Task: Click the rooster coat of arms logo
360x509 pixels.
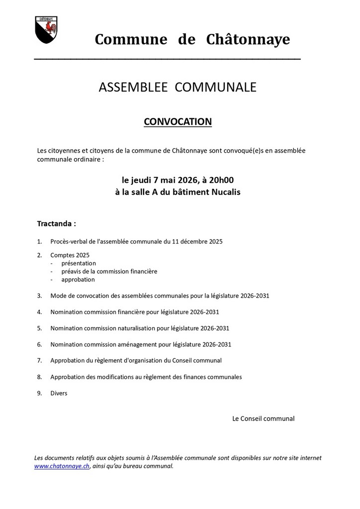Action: [46, 30]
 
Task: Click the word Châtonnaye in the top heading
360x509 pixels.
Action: [248, 39]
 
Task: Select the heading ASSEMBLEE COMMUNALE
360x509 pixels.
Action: [178, 87]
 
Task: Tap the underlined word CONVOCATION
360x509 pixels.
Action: [178, 122]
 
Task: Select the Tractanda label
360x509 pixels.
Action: [57, 224]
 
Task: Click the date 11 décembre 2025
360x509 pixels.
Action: [197, 242]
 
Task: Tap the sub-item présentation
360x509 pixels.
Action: [79, 263]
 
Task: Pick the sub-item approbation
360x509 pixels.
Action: [78, 279]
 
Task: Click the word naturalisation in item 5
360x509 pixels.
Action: [140, 328]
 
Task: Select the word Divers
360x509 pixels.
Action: [59, 393]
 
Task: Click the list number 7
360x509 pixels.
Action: [39, 360]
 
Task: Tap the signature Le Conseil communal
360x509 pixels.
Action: [263, 419]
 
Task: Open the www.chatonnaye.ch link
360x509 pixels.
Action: [62, 466]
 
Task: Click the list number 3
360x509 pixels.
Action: [39, 296]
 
